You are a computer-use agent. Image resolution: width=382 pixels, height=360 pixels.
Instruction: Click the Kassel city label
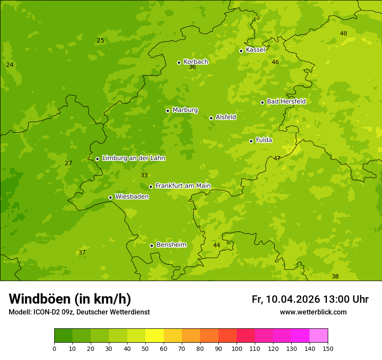click(255, 50)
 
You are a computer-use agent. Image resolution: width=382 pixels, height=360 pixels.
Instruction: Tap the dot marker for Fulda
click(251, 141)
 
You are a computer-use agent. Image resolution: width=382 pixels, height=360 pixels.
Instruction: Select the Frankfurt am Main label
click(183, 186)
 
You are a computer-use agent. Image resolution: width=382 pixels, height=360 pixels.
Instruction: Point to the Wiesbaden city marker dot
click(110, 197)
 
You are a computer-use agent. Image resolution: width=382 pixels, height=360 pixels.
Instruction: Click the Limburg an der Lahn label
click(133, 158)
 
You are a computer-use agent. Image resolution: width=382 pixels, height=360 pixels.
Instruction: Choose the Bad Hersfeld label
click(286, 101)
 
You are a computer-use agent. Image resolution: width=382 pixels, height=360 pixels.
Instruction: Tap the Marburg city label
click(185, 110)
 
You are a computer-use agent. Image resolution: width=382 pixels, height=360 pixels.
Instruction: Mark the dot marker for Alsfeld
click(211, 118)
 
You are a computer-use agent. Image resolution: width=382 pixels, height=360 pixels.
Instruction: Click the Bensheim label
click(171, 245)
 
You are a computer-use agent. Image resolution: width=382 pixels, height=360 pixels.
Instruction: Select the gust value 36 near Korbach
click(192, 67)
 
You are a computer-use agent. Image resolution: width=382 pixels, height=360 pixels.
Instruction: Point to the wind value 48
click(343, 34)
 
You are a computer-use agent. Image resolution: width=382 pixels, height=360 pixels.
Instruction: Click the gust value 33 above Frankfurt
click(144, 176)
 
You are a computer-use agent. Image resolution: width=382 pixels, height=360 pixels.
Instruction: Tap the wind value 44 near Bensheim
click(217, 245)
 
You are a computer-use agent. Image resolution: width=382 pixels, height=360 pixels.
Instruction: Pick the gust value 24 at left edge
click(10, 65)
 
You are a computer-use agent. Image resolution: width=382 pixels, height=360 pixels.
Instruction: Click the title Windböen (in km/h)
click(70, 299)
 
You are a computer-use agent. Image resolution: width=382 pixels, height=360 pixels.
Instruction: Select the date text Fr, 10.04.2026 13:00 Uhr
click(310, 299)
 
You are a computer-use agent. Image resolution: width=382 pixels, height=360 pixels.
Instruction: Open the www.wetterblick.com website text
click(313, 312)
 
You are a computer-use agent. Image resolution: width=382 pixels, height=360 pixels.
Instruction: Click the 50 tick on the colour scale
click(145, 348)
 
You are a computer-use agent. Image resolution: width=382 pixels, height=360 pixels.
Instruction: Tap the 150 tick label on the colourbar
click(328, 348)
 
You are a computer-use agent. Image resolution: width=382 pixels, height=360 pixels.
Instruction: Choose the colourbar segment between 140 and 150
click(319, 336)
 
